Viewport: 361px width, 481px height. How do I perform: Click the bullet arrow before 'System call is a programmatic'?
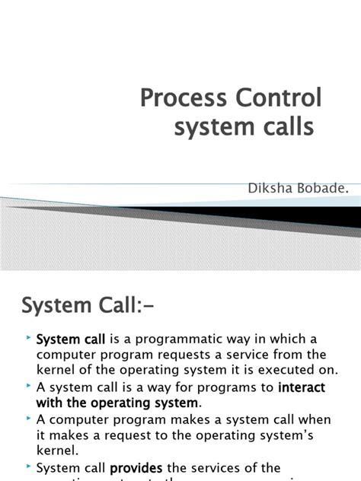(28, 336)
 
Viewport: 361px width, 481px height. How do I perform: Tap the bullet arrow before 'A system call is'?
(28, 386)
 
